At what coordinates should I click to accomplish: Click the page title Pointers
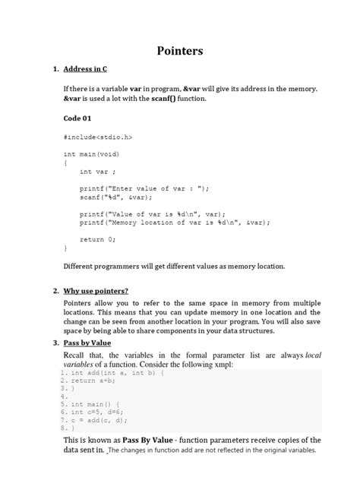(x=180, y=51)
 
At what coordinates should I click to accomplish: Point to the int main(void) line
(x=92, y=154)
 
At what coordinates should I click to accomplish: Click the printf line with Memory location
(x=175, y=223)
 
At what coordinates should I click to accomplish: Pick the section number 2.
(x=55, y=291)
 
